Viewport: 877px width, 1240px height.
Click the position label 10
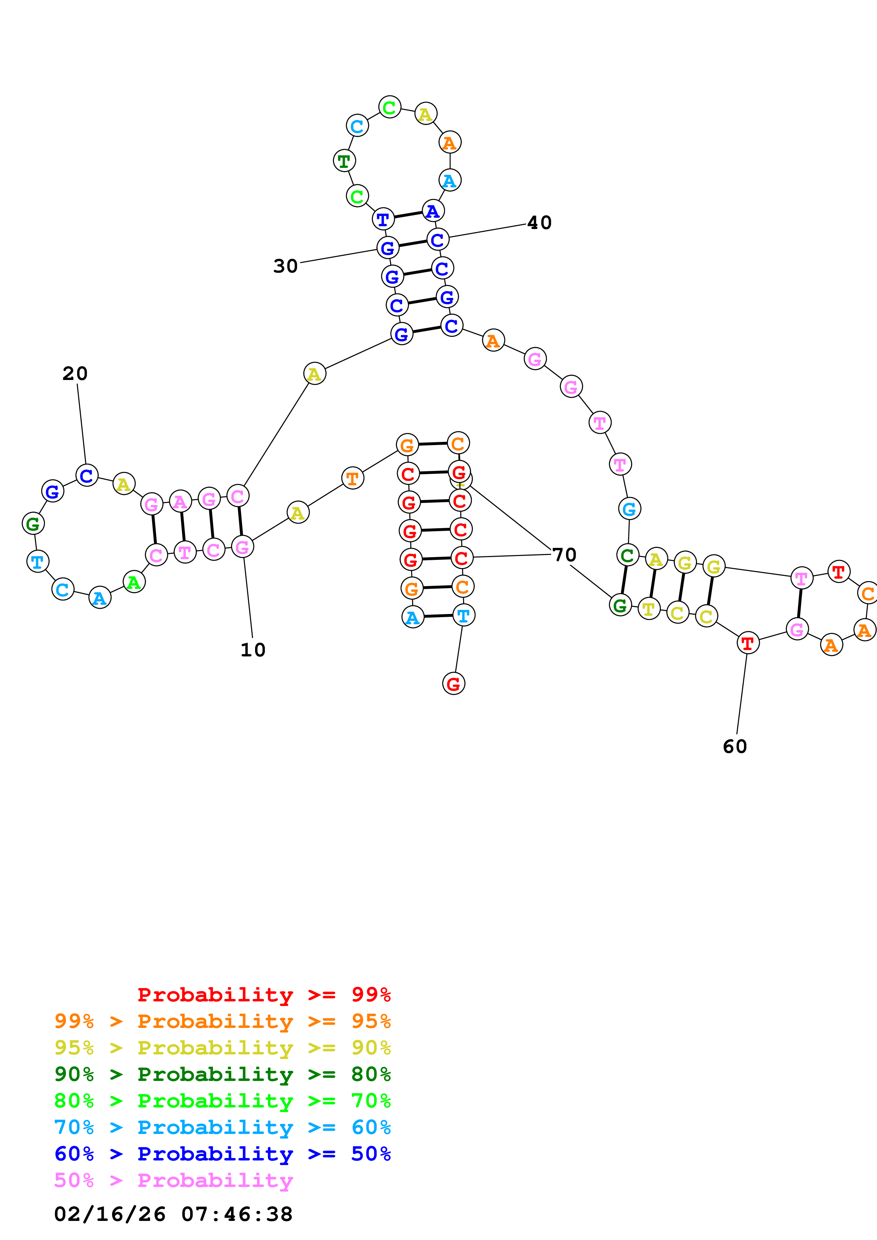pos(253,650)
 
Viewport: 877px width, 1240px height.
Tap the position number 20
pos(75,373)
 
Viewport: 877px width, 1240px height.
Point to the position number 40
pos(539,222)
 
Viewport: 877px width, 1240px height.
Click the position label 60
pos(735,747)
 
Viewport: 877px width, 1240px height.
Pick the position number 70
pos(565,555)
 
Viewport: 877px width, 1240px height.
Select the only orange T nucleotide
pos(352,478)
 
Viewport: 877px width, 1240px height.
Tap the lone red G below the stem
pos(454,684)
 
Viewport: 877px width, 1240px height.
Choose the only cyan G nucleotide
pos(629,509)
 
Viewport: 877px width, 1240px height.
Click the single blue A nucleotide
pos(433,211)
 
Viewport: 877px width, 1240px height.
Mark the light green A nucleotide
pos(134,582)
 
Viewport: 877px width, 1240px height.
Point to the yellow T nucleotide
pos(649,609)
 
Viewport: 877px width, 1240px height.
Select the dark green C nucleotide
pos(627,555)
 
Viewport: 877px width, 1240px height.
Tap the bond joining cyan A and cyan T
pos(438,616)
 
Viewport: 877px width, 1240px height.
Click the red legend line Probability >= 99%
pos(264,995)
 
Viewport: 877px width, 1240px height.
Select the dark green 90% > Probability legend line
pos(222,1074)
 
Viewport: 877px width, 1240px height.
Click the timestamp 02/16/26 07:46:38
pos(173,1214)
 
